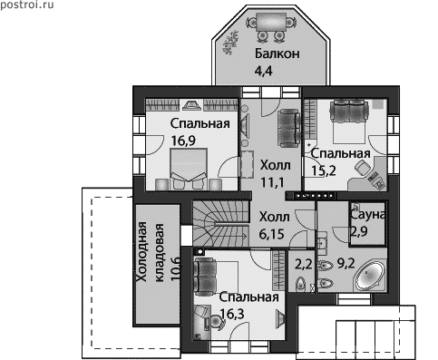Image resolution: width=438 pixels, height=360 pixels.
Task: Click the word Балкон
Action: coord(277,54)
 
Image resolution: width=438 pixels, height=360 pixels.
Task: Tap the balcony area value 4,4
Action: coord(263,71)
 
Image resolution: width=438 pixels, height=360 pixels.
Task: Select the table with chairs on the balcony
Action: coord(271,26)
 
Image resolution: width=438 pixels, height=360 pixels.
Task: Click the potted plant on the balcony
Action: coord(230,43)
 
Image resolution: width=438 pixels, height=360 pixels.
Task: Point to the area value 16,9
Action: coord(183,141)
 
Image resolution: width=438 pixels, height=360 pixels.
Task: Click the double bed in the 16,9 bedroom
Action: coord(189,169)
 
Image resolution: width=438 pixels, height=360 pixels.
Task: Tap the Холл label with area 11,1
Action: coord(276,165)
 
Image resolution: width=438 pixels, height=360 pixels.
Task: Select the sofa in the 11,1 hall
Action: coord(288,128)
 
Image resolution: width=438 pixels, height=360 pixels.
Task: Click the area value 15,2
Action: coord(324,171)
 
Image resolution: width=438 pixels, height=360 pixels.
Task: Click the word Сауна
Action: coord(367,214)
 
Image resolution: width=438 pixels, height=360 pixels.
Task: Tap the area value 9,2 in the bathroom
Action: coord(346,264)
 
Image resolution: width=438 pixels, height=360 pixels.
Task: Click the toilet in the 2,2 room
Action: coord(300,284)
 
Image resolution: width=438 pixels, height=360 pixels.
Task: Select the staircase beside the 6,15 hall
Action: coord(221,224)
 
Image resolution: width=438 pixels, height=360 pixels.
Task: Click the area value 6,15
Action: coord(272,234)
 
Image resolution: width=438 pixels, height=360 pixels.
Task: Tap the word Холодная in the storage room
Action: coord(142,252)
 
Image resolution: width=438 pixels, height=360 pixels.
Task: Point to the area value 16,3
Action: coord(232,314)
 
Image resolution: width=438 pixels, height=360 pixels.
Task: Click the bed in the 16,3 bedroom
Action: coord(216,277)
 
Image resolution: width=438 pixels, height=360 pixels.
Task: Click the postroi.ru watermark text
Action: coord(27,5)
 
